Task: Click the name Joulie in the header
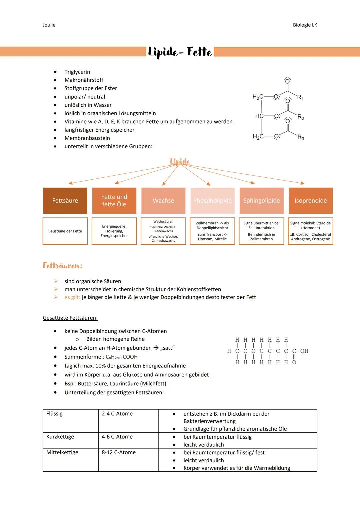(49, 25)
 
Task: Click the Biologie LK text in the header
(305, 25)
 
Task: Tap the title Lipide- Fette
(180, 52)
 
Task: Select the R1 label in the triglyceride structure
(300, 97)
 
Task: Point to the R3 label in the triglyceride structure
(301, 137)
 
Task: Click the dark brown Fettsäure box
(65, 201)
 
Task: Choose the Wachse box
(163, 201)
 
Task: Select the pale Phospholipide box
(212, 201)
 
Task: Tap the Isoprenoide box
(310, 201)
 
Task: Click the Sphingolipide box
(261, 201)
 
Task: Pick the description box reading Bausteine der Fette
(65, 231)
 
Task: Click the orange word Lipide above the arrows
(180, 162)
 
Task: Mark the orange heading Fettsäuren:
(62, 266)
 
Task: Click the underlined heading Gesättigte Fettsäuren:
(70, 318)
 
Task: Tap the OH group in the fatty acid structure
(304, 351)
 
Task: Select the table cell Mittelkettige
(62, 452)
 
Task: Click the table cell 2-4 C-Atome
(117, 414)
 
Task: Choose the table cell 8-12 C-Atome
(119, 452)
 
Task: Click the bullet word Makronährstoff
(84, 80)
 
